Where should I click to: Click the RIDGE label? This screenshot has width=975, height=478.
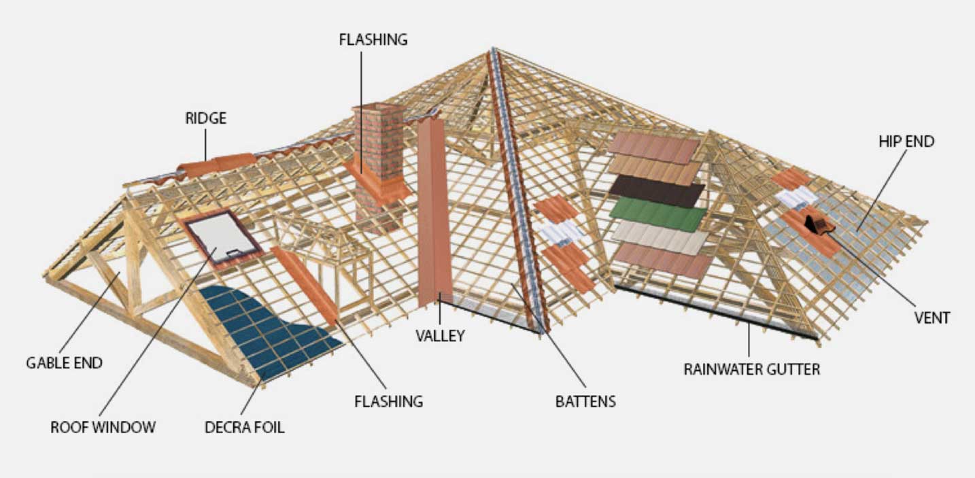[x=206, y=118]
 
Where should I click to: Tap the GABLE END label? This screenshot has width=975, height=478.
[x=65, y=363]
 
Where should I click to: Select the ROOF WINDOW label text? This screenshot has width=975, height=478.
[x=103, y=428]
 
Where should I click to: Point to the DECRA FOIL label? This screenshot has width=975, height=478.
[x=245, y=428]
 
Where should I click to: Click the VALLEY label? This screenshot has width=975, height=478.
[x=440, y=336]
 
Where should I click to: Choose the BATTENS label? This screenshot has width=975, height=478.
[x=585, y=401]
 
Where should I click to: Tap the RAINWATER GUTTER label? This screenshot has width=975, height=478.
[x=752, y=370]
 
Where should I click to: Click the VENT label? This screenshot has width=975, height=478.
[x=932, y=318]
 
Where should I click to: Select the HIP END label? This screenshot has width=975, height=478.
[x=906, y=141]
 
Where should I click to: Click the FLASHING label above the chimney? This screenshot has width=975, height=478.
[x=373, y=39]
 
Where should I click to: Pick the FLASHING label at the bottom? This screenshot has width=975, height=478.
[x=389, y=401]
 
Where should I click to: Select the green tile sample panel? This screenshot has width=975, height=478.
[x=658, y=214]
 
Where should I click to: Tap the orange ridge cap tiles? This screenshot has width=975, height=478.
[x=217, y=165]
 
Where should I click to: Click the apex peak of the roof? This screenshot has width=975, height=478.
[x=493, y=48]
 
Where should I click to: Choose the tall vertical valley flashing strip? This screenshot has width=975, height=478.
[x=434, y=212]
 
